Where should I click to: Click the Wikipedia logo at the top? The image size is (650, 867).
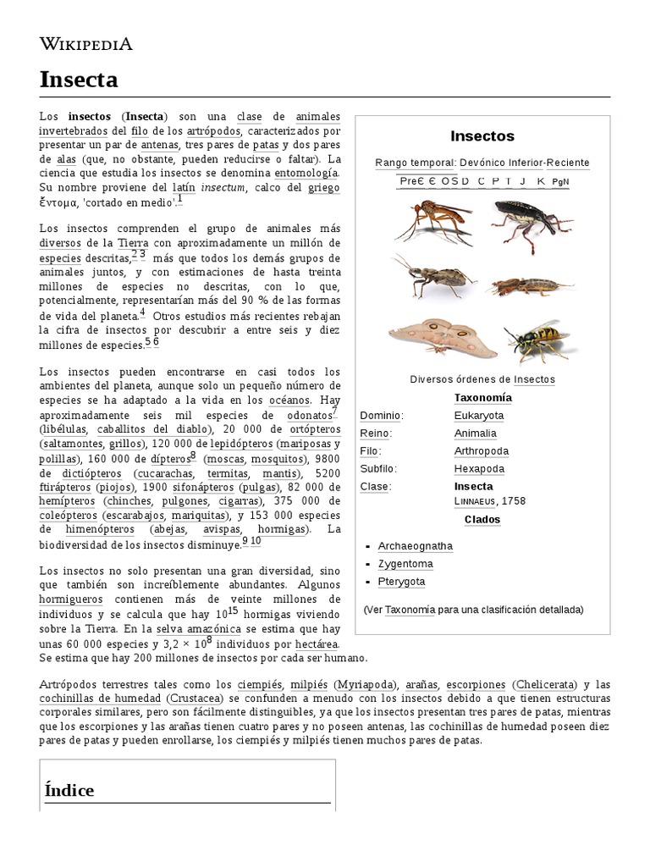[x=85, y=44]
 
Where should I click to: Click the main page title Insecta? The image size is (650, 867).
[x=79, y=80]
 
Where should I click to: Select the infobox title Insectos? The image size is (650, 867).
[x=482, y=135]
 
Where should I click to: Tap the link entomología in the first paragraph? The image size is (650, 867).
[x=306, y=172]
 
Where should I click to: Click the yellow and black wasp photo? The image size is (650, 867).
[x=540, y=339]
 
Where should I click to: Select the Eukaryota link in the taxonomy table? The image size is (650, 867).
[x=478, y=416]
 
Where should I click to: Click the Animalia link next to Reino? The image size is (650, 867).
[x=475, y=433]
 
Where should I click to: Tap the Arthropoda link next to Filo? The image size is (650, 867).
[x=481, y=451]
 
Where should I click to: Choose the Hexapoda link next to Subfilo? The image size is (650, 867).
[x=479, y=469]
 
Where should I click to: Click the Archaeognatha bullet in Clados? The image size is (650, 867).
[x=415, y=546]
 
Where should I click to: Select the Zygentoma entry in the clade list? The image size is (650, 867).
[x=405, y=564]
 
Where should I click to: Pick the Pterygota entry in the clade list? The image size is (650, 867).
[x=401, y=582]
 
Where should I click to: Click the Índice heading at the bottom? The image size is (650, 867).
[x=69, y=789]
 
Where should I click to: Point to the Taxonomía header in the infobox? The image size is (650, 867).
[x=482, y=398]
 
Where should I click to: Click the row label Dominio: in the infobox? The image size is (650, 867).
[x=382, y=416]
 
